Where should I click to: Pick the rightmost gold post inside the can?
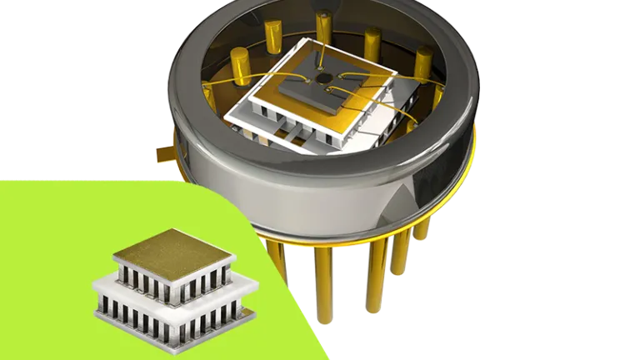pyautogui.click(x=424, y=61)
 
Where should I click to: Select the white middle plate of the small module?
pyautogui.click(x=175, y=291)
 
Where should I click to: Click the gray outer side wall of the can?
pyautogui.click(x=333, y=200)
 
